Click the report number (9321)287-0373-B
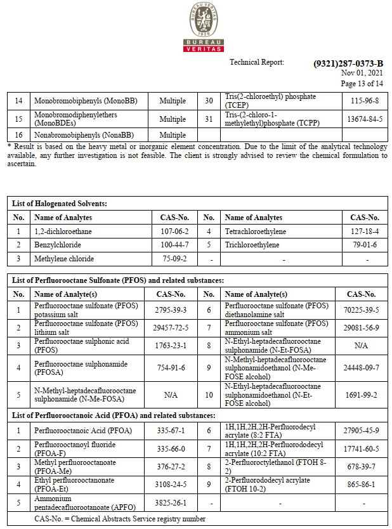(348, 63)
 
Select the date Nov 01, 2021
(362, 74)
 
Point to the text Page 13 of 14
(362, 83)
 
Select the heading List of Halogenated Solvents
(60, 204)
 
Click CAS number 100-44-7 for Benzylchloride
(175, 245)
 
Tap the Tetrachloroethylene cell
(255, 232)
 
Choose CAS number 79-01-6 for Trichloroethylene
(365, 245)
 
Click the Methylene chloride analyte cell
(64, 259)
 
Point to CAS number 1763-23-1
(171, 345)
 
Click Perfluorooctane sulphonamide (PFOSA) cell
(81, 368)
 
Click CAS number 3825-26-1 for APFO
(171, 502)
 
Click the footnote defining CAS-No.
(120, 519)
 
